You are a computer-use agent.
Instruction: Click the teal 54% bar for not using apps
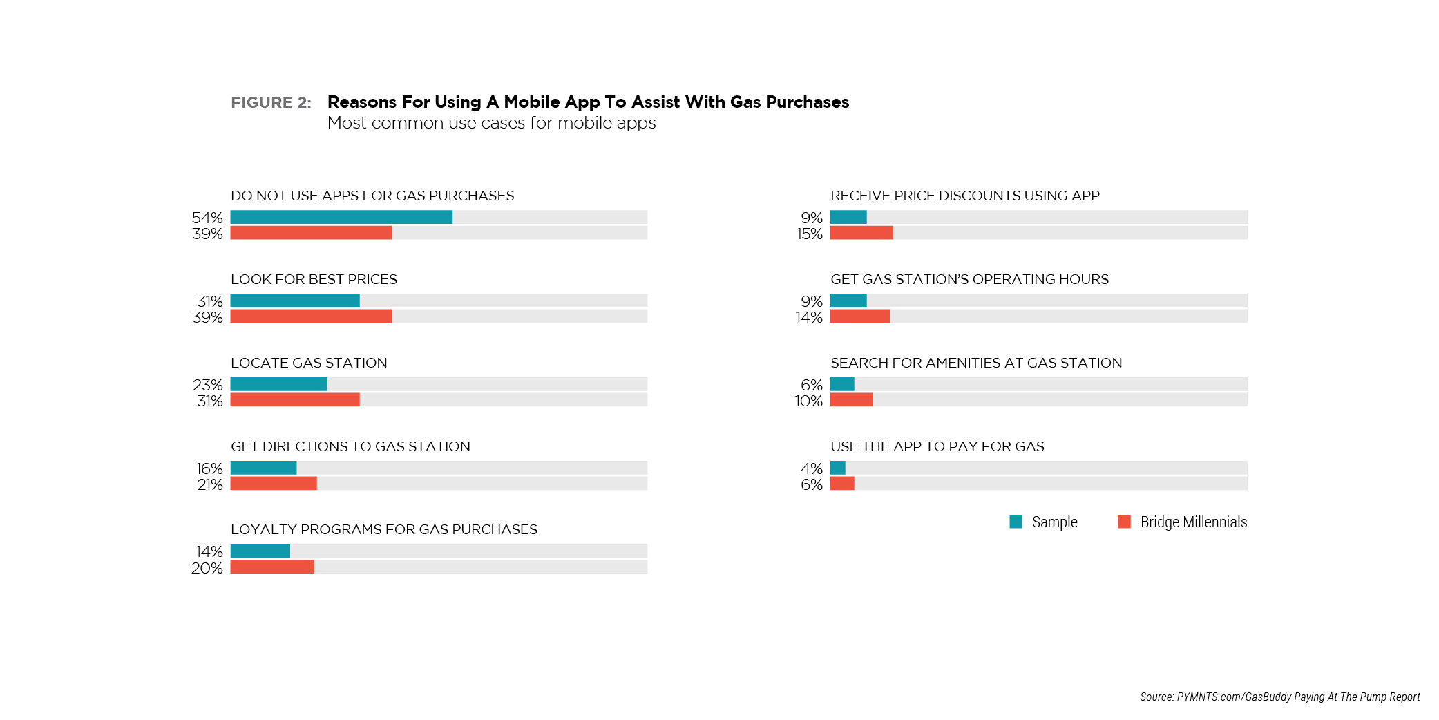[x=341, y=217]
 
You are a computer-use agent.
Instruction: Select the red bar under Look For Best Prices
[x=311, y=316]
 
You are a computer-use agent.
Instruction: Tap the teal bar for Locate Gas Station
[x=278, y=384]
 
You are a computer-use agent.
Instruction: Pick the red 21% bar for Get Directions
[x=274, y=484]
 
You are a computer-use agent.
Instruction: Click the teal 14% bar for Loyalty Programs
[x=260, y=551]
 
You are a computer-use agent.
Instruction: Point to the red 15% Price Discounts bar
[x=861, y=233]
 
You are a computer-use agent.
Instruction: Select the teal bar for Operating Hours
[x=848, y=301]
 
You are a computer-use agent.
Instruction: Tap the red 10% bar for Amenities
[x=852, y=400]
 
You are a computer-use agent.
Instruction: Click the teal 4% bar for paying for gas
[x=838, y=468]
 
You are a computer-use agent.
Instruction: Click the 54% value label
[x=207, y=218]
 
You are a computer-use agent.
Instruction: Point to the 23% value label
[x=208, y=385]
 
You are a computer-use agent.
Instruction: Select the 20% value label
[x=207, y=568]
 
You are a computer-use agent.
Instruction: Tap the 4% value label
[x=812, y=468]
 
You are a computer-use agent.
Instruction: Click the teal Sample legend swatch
[x=1016, y=522]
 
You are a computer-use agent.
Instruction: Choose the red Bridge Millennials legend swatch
[x=1124, y=522]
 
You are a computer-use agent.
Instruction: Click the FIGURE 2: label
[x=271, y=102]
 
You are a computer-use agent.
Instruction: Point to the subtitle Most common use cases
[x=491, y=123]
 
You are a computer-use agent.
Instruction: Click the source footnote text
[x=1279, y=697]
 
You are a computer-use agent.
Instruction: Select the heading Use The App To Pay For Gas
[x=937, y=446]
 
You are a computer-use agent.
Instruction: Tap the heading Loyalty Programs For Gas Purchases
[x=383, y=529]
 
